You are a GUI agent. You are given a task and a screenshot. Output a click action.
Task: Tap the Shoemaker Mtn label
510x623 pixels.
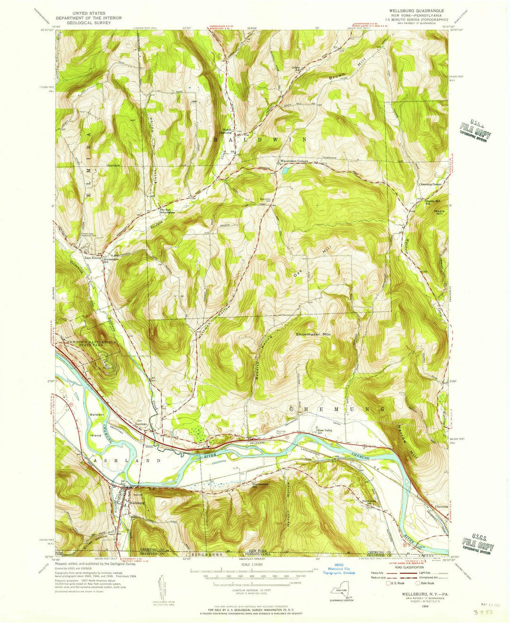(x=313, y=334)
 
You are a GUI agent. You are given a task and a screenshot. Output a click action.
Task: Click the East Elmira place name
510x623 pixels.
(x=93, y=258)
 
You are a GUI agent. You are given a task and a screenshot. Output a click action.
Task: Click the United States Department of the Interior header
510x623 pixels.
(x=89, y=18)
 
